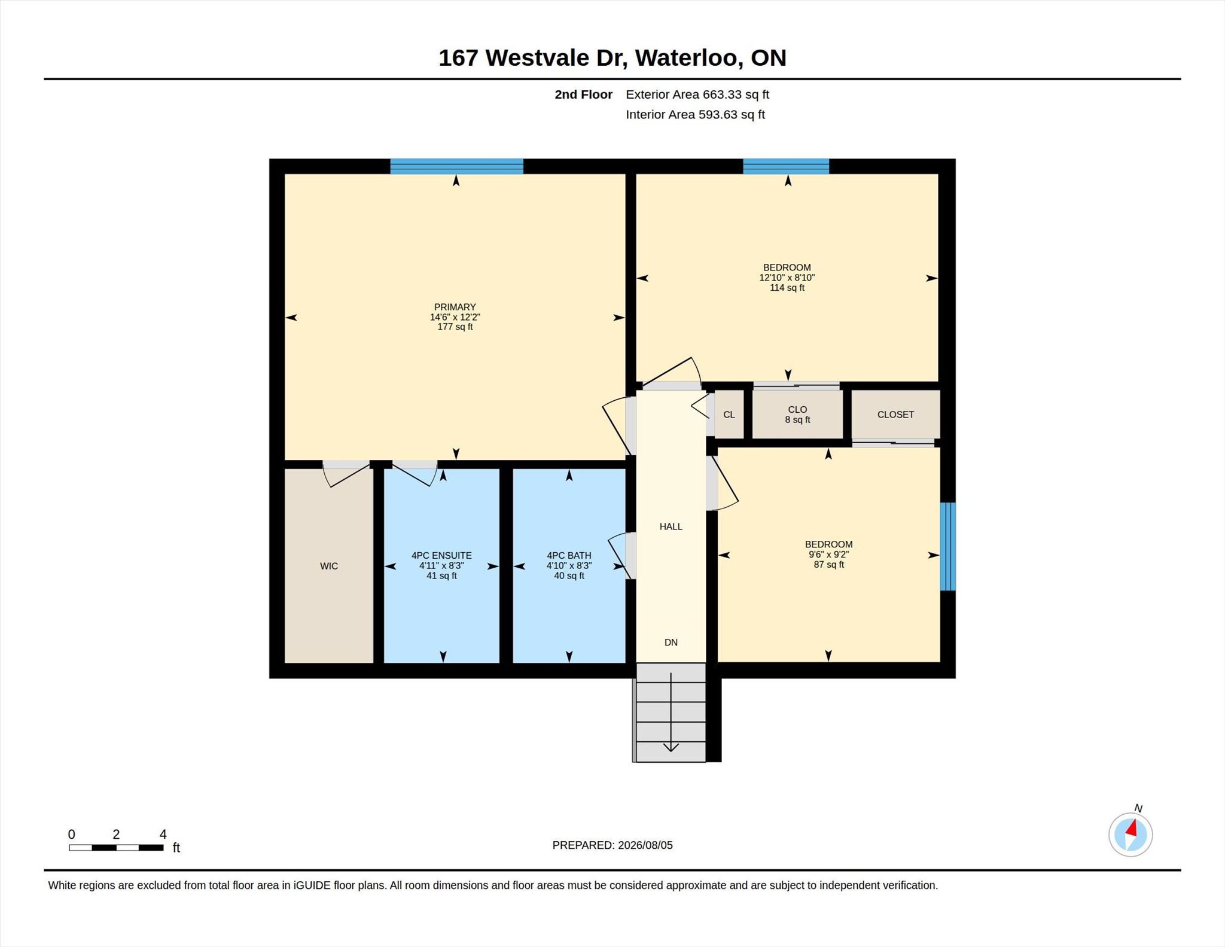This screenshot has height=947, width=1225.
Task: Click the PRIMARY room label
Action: (455, 307)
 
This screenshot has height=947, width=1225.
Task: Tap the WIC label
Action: (329, 566)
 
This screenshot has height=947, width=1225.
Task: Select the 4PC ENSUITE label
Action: (441, 555)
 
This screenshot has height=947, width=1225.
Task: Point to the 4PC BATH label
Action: (569, 555)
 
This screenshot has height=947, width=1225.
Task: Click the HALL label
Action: (671, 526)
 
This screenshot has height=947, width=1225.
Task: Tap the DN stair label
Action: (671, 643)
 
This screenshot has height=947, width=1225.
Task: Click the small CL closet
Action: (729, 415)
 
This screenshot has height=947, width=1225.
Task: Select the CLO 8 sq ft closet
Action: (797, 415)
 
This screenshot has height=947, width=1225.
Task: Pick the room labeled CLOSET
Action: (895, 415)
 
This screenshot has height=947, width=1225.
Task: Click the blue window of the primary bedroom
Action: (456, 166)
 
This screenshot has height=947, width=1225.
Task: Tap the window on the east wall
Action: (947, 546)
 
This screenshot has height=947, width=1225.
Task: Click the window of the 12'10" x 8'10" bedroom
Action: (786, 166)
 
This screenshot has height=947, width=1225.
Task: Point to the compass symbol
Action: (1130, 834)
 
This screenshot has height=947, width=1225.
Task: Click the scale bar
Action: (116, 847)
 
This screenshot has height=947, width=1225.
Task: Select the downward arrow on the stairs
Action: (671, 712)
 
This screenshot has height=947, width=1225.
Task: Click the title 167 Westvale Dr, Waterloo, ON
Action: (612, 57)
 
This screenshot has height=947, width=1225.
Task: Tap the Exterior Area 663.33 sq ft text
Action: (697, 95)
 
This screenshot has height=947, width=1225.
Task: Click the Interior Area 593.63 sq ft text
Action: (695, 114)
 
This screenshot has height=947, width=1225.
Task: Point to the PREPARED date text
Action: (612, 845)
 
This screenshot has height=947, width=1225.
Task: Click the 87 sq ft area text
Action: (828, 564)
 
